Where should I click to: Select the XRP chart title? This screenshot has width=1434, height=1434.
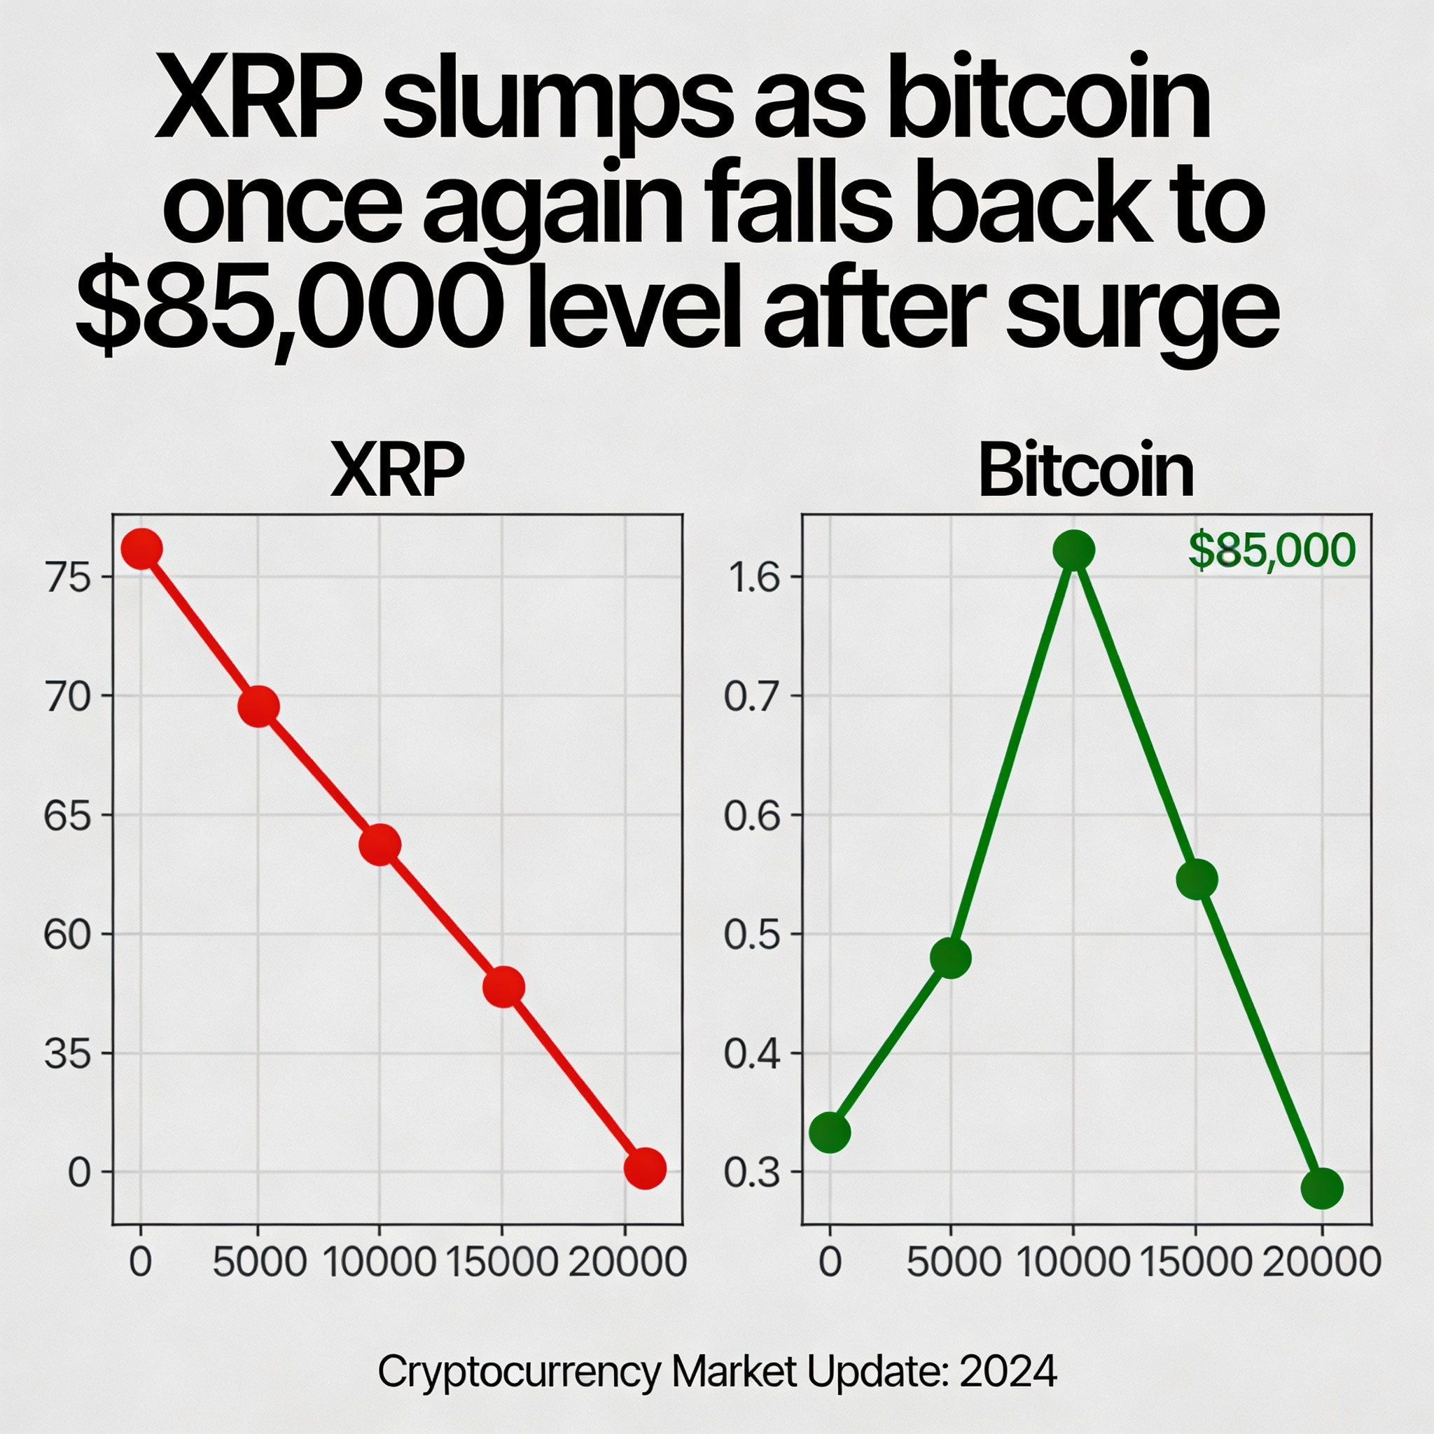click(x=397, y=471)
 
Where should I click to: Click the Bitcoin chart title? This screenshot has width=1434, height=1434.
click(x=1086, y=471)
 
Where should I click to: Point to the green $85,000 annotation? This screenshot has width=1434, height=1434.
click(x=1272, y=551)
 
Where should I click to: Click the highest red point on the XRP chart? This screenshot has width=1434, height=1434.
click(x=141, y=550)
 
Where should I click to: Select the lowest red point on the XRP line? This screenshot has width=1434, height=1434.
click(x=645, y=1169)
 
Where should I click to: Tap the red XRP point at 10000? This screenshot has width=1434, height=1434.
click(x=380, y=845)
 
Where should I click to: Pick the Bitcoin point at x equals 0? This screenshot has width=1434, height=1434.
click(x=830, y=1133)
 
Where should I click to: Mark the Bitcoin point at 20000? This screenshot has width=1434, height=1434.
click(x=1323, y=1188)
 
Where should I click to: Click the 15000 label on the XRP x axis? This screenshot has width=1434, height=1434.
click(x=503, y=1262)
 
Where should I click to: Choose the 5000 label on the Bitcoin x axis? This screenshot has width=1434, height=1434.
click(x=954, y=1262)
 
